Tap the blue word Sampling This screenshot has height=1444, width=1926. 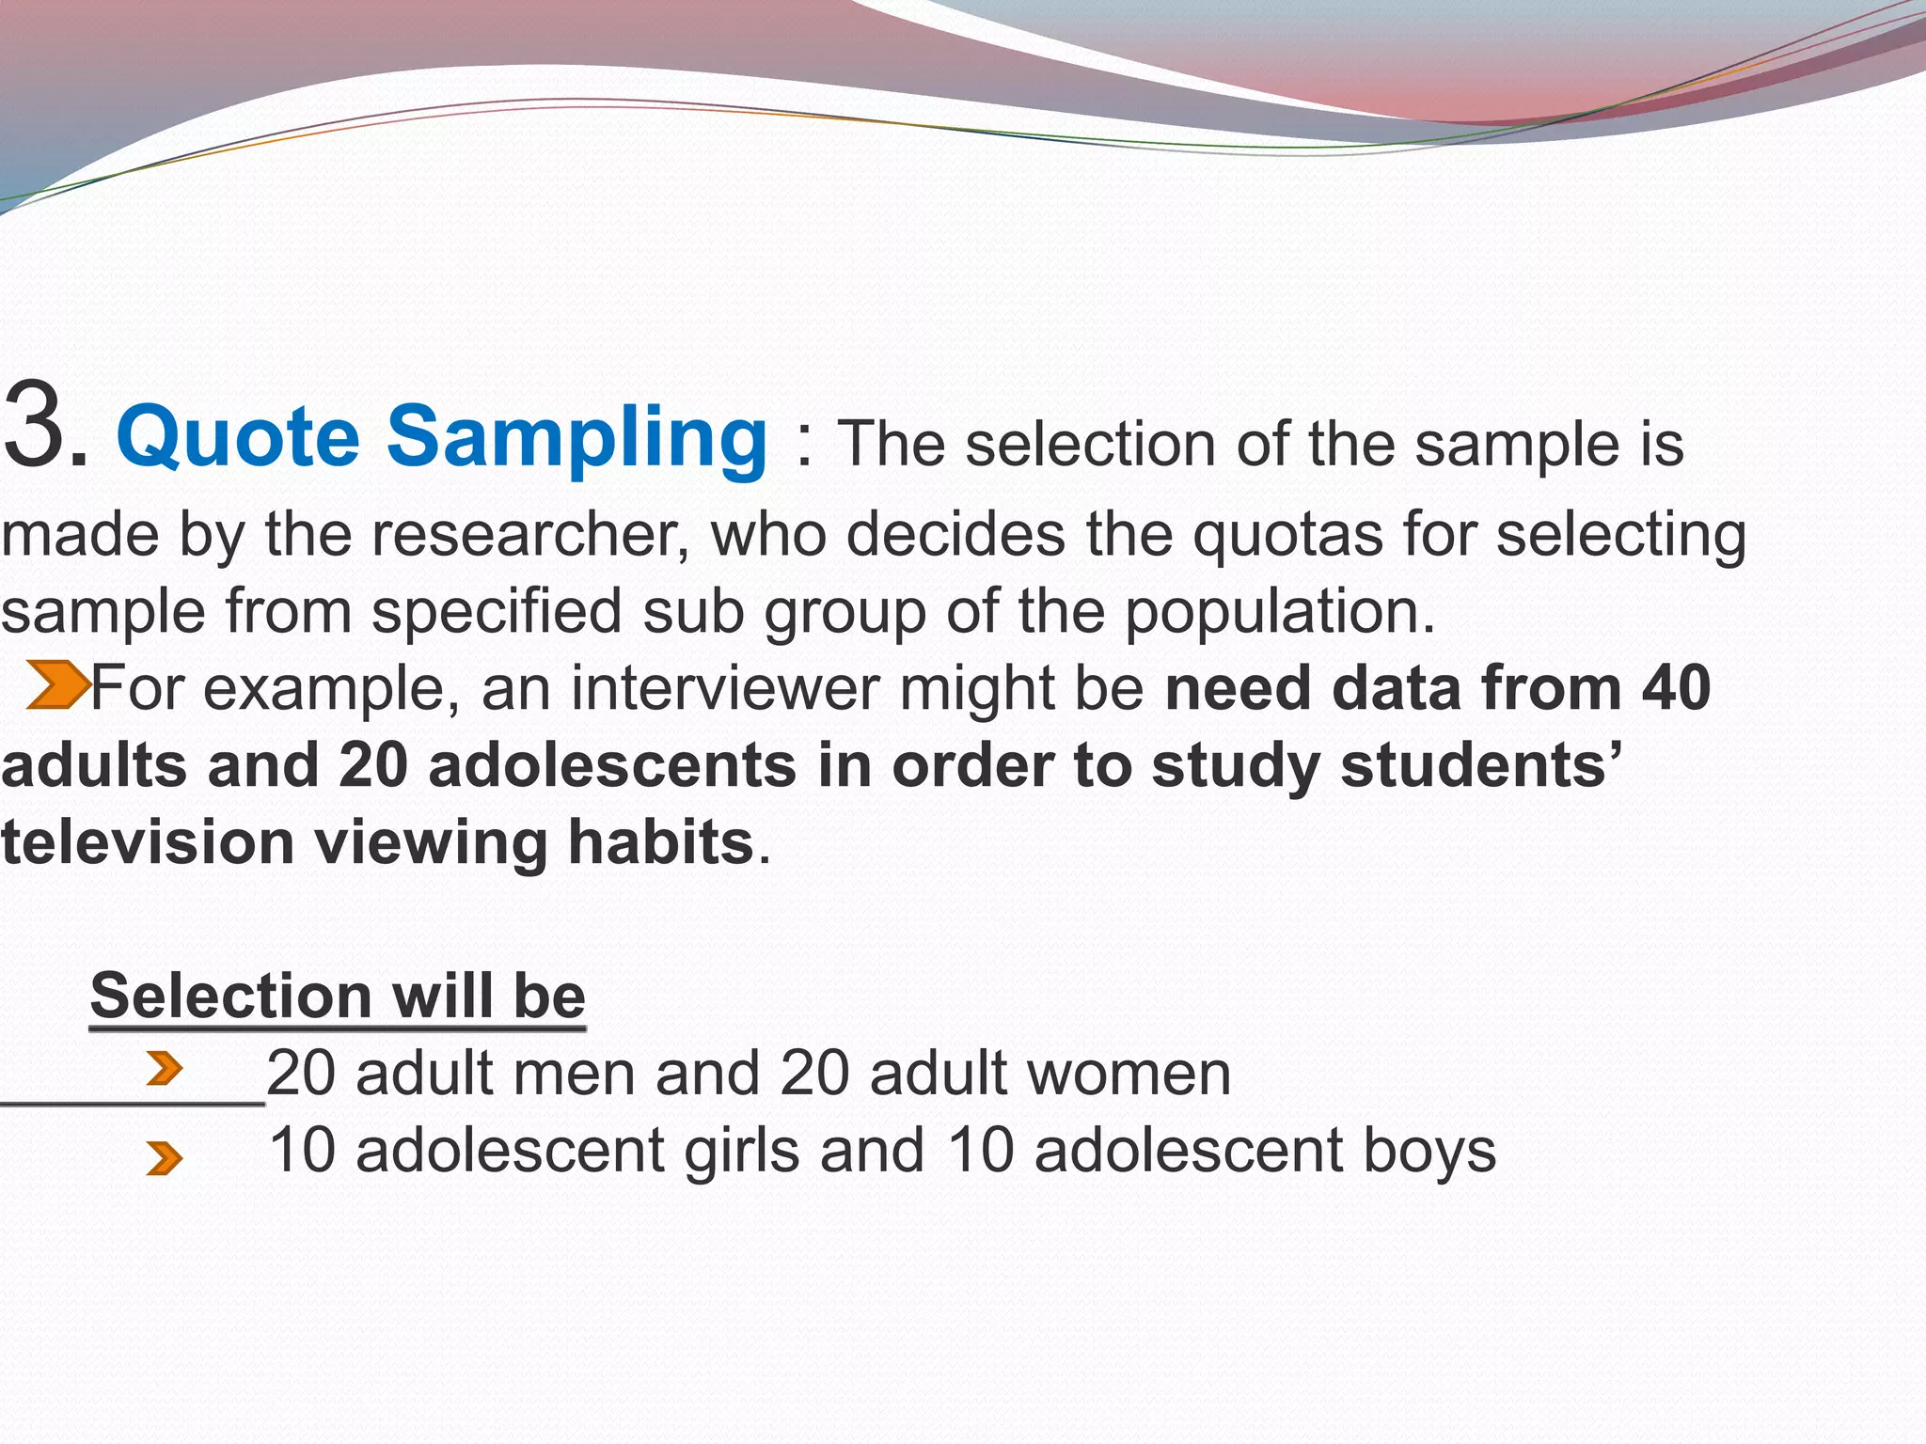tap(577, 437)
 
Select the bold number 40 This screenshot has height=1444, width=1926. tap(1676, 688)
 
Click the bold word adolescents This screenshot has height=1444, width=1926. tap(612, 765)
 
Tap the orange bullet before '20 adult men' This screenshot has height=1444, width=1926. tap(165, 1069)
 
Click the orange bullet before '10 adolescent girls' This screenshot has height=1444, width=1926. tap(165, 1158)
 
